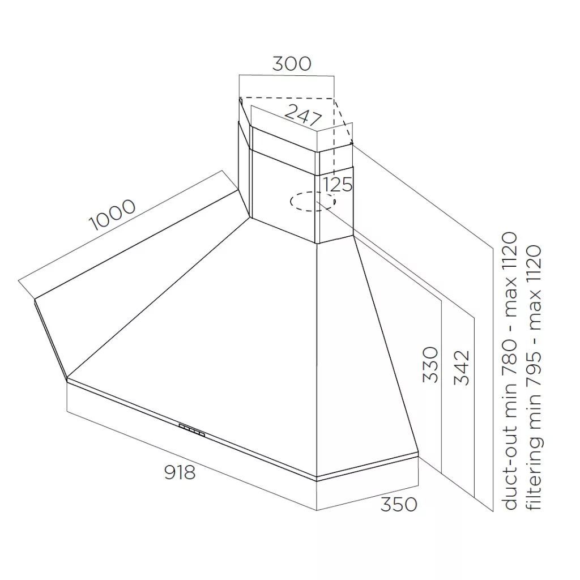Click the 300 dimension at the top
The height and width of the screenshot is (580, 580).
[x=292, y=63]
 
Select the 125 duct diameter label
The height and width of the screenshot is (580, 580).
[x=338, y=184]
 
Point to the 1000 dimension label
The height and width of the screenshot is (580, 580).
[x=113, y=215]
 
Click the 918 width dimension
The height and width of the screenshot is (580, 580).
[x=180, y=472]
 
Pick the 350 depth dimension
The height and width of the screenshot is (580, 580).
[x=399, y=505]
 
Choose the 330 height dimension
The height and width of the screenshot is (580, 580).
[x=430, y=364]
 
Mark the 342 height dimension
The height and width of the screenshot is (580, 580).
[x=462, y=368]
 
